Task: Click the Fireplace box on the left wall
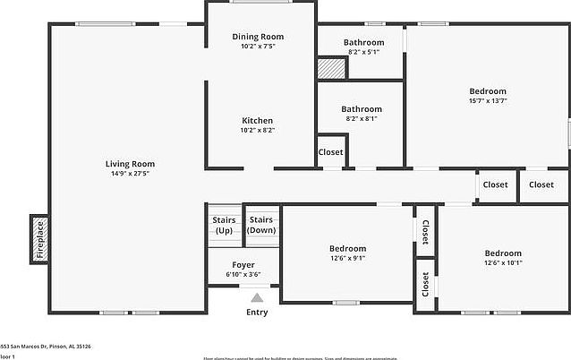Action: (39, 239)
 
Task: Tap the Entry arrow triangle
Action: (258, 298)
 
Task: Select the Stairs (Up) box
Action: (223, 225)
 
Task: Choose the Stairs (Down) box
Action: (260, 225)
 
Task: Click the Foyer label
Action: (243, 265)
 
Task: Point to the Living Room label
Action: (130, 164)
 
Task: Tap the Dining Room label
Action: (258, 37)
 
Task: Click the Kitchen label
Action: (258, 121)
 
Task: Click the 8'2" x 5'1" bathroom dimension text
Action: (363, 52)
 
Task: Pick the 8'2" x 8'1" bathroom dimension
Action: (362, 119)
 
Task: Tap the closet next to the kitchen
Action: (330, 152)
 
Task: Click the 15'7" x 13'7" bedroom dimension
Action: (488, 101)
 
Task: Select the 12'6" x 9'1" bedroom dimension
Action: (347, 259)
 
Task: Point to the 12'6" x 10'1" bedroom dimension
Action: (503, 262)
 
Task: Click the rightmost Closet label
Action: (541, 184)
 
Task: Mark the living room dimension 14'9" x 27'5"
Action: (130, 174)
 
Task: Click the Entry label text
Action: (258, 313)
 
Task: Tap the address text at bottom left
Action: (46, 346)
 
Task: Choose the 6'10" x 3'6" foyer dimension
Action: (243, 275)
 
